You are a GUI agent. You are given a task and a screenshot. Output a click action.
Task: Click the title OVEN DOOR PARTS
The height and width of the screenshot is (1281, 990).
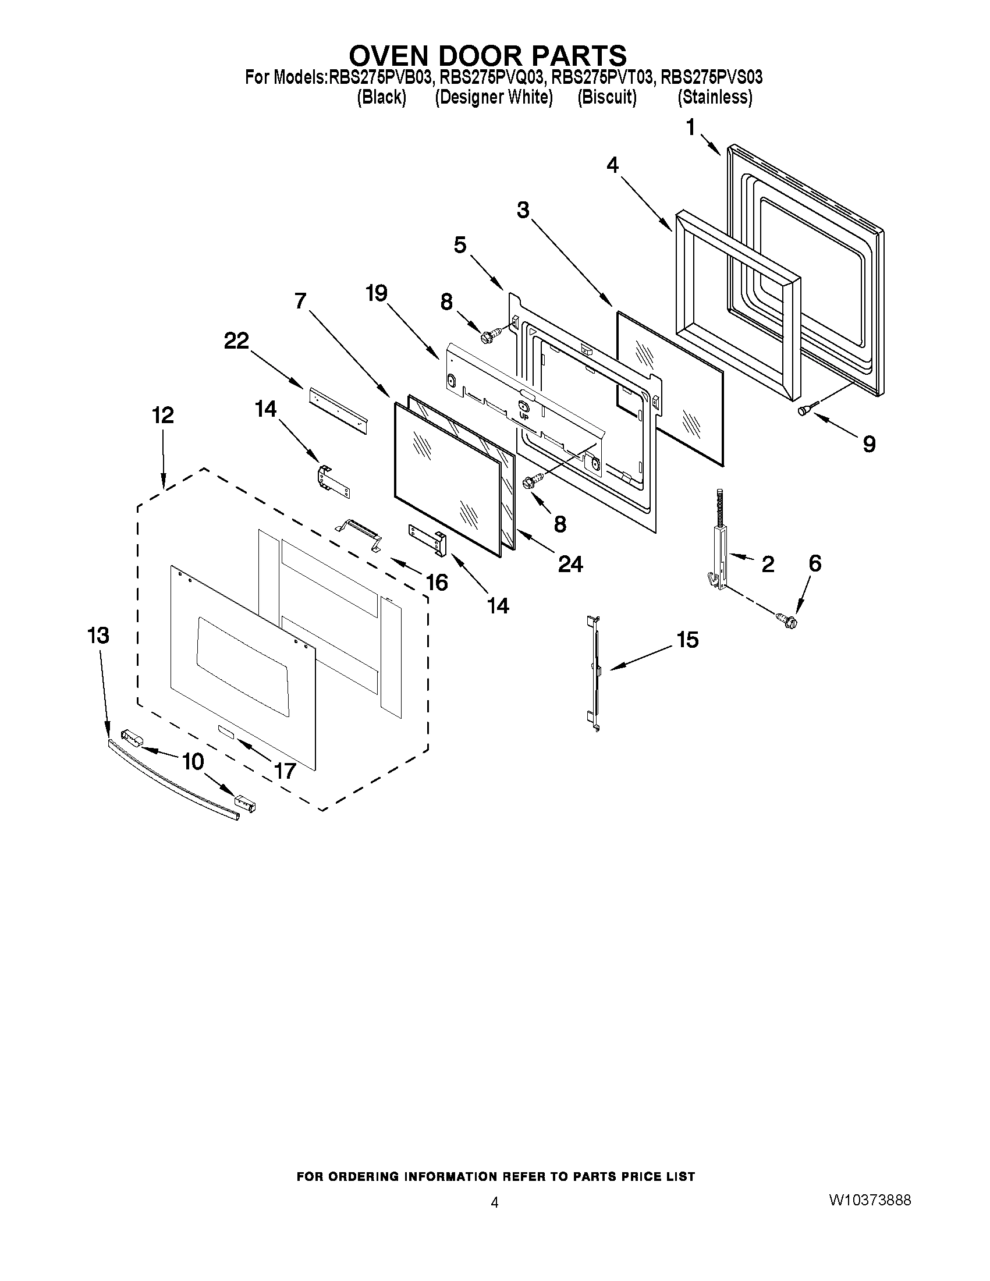[x=487, y=56]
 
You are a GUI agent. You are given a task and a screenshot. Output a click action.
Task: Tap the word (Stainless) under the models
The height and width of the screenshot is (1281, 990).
[x=714, y=97]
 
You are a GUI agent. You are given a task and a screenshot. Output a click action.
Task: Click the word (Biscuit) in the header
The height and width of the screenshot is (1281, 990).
[x=607, y=97]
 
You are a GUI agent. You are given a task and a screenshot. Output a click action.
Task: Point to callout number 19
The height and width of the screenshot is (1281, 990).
[x=377, y=293]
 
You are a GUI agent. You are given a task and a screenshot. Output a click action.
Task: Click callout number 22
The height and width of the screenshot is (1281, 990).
[x=236, y=341]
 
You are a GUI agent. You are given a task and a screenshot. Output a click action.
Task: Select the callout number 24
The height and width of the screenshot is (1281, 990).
[x=570, y=564]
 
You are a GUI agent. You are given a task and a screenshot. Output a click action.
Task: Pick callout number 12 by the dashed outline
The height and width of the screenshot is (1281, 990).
[x=163, y=416]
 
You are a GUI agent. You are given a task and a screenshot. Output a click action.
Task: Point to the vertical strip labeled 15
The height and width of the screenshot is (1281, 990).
[x=595, y=673]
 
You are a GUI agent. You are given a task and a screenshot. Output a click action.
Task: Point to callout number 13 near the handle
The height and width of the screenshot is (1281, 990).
[x=98, y=636]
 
